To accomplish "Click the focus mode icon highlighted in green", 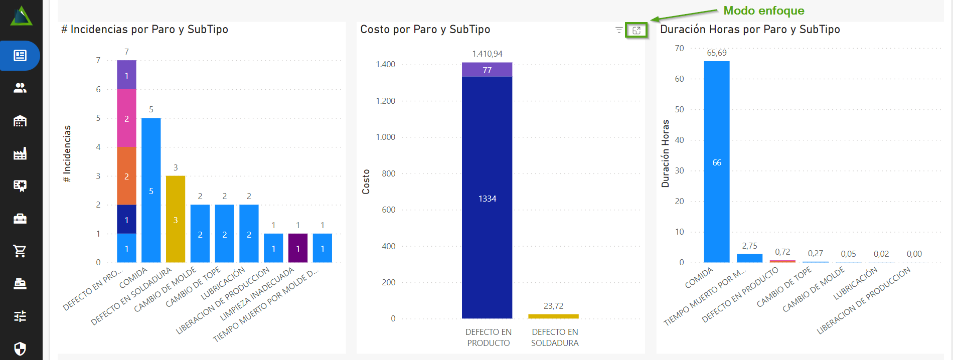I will (637, 31).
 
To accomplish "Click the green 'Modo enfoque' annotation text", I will (763, 11).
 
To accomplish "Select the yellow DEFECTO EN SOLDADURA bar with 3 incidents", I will (176, 219).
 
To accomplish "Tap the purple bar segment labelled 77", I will (487, 70).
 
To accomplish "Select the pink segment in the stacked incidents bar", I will (126, 118).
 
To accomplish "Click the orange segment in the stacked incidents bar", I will (126, 176).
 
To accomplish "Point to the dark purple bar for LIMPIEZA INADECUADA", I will (298, 248).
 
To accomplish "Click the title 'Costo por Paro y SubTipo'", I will (425, 30).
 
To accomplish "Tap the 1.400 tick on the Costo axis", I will (386, 64).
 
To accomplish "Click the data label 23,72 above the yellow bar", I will (553, 306).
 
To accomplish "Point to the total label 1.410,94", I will (487, 54).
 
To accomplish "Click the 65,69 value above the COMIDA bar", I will (717, 53).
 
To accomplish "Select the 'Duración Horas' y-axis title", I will (666, 153).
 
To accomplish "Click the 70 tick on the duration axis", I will (679, 48).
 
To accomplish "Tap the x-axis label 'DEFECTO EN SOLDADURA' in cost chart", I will (555, 337).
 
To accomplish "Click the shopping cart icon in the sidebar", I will (20, 251).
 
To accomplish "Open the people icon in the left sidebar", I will (20, 88).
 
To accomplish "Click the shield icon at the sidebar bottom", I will (20, 348).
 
